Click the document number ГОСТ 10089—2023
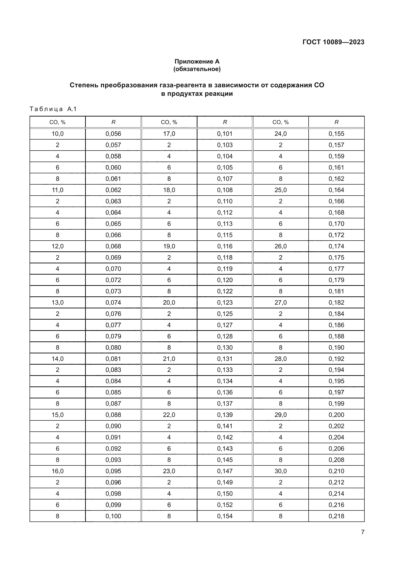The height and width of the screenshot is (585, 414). [333, 42]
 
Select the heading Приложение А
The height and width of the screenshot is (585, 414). [197, 62]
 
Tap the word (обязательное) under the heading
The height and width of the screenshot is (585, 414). [197, 69]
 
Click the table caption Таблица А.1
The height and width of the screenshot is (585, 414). [53, 109]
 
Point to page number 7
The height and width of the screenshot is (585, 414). [362, 532]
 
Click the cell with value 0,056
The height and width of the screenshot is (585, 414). [113, 134]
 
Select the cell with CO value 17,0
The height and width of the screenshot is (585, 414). [169, 134]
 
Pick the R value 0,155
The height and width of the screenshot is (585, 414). [336, 134]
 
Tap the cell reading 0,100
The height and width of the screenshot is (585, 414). [113, 516]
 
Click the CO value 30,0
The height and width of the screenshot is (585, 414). [280, 471]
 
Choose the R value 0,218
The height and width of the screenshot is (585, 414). [336, 516]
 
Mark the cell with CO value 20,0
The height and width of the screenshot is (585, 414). [169, 302]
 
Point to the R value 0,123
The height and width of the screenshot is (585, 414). [225, 302]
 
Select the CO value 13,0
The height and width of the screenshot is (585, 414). [58, 302]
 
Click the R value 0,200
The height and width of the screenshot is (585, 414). [336, 415]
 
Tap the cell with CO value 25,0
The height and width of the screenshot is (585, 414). [280, 190]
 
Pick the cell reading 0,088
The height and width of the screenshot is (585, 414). [113, 415]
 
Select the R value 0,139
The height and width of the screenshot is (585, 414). [225, 415]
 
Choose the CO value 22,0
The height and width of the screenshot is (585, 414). [169, 415]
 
